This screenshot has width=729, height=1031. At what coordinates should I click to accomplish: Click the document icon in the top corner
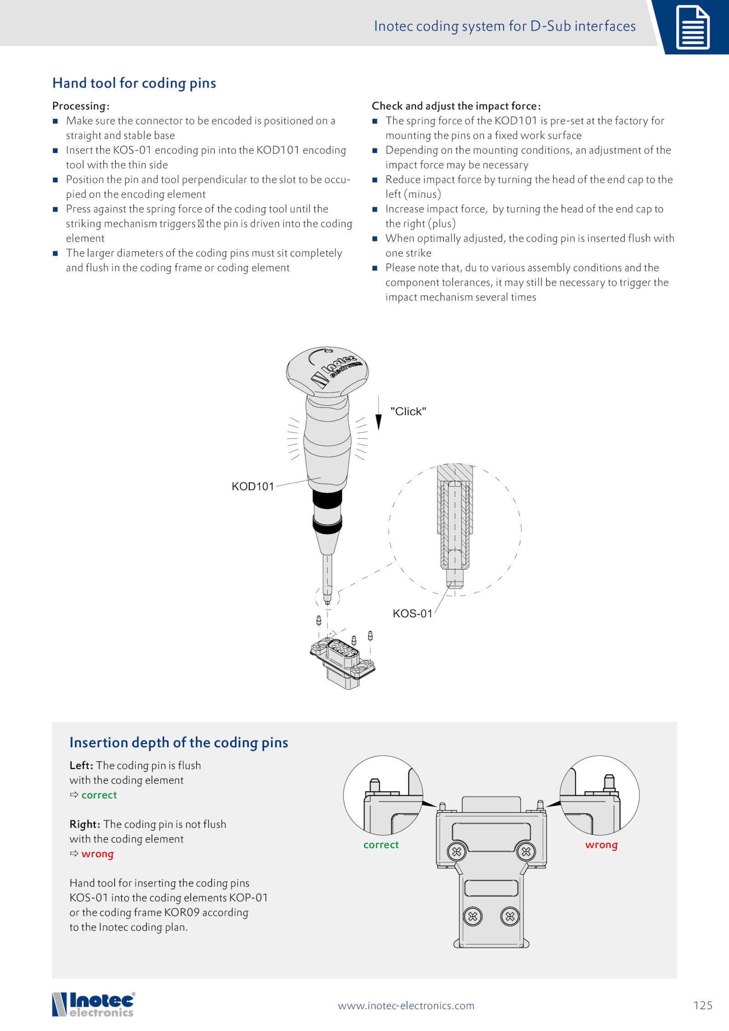[x=692, y=27]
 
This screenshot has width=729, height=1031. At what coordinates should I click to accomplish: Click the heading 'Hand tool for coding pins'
[x=134, y=83]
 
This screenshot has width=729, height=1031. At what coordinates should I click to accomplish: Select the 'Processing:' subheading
[x=81, y=106]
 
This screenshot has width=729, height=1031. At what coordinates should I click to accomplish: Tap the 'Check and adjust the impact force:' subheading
[x=456, y=106]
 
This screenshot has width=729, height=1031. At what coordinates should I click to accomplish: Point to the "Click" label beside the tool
[x=408, y=411]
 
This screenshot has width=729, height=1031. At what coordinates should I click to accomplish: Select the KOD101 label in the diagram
[x=252, y=487]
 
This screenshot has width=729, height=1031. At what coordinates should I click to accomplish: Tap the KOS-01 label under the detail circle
[x=412, y=614]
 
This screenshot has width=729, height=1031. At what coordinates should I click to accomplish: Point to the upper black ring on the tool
[x=327, y=499]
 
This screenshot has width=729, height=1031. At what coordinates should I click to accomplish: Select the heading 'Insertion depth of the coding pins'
[x=179, y=743]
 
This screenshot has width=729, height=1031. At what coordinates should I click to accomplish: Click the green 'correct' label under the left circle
[x=381, y=845]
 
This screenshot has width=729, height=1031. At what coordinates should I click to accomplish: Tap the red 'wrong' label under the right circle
[x=601, y=845]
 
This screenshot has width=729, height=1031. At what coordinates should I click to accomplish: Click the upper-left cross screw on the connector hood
[x=457, y=851]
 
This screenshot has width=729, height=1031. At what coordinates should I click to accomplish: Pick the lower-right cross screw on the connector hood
[x=510, y=916]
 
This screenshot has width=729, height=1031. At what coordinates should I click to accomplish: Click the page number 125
[x=703, y=1005]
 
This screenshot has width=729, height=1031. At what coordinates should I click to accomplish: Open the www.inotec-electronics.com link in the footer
[x=406, y=1005]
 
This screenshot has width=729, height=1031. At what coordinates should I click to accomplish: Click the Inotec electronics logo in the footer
[x=93, y=1005]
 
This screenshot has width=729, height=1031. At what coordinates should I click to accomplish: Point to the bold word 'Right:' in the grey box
[x=85, y=824]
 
